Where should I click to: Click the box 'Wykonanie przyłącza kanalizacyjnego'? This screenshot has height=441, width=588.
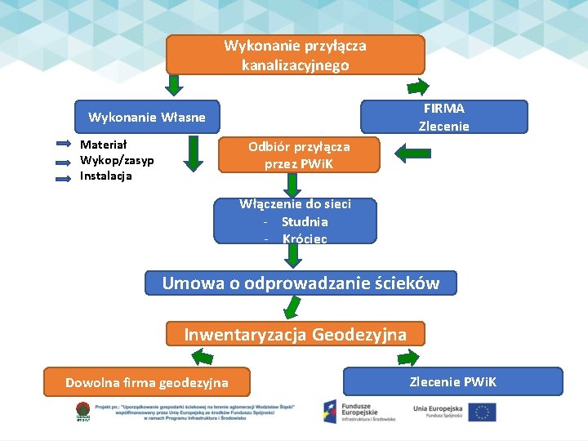(295, 55)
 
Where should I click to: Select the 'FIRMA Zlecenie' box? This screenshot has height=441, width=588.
(443, 117)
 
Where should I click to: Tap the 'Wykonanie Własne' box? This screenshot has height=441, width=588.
(147, 118)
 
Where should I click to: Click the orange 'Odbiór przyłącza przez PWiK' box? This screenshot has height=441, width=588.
(299, 154)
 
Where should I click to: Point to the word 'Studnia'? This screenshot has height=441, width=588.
(305, 221)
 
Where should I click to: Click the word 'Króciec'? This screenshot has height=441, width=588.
(305, 238)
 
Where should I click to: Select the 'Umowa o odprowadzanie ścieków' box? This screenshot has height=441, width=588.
(301, 283)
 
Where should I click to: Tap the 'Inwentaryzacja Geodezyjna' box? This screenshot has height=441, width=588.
(295, 334)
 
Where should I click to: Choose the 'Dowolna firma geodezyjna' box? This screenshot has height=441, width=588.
(147, 381)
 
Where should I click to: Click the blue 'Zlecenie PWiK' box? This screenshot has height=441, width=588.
(453, 381)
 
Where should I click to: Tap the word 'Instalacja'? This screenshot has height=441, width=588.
(106, 176)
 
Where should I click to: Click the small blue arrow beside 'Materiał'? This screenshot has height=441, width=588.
(64, 144)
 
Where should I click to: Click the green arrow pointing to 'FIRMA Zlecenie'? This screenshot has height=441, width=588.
(417, 87)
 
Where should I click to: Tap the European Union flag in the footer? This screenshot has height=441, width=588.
(483, 412)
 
